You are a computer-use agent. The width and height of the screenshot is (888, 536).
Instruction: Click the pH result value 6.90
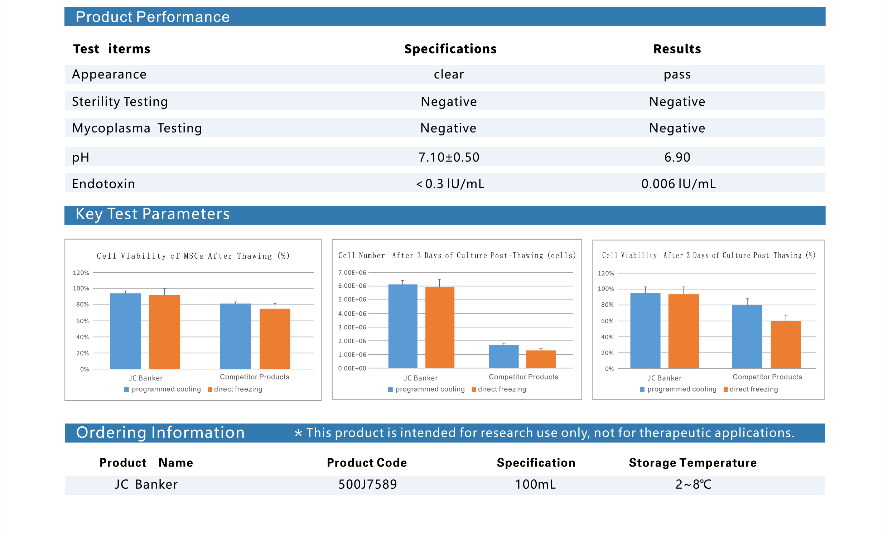tap(677, 157)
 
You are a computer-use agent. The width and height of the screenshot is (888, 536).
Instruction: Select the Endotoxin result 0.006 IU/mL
tap(678, 183)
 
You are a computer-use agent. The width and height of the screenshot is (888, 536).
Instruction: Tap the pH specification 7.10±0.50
tap(449, 157)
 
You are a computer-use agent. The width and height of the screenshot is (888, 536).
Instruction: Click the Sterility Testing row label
tap(120, 102)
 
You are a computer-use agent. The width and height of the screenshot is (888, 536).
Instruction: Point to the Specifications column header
tap(450, 49)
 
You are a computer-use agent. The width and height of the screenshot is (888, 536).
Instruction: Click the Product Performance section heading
tap(153, 17)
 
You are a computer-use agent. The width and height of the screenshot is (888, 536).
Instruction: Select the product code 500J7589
tap(368, 484)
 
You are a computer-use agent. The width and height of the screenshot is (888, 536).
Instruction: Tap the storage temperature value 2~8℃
tap(693, 484)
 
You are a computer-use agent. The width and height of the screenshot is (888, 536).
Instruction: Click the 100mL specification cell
tap(535, 484)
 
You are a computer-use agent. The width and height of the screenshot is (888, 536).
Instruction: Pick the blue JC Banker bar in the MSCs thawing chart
tap(125, 331)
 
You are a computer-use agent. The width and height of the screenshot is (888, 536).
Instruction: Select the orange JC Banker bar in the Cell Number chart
tap(440, 327)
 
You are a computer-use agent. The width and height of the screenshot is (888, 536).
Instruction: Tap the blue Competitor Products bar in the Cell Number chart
tap(503, 356)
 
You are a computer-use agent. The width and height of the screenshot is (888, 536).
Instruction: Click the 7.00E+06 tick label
tap(352, 273)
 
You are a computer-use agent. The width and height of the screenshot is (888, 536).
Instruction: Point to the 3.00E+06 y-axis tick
tap(352, 327)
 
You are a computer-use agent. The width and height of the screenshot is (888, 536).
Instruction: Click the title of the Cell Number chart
tap(457, 255)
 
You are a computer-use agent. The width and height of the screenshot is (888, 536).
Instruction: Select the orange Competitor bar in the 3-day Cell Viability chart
tap(786, 344)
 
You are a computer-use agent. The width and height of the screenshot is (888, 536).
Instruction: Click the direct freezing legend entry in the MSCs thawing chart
tap(238, 389)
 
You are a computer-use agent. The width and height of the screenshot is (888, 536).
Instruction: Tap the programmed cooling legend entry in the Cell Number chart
tap(430, 389)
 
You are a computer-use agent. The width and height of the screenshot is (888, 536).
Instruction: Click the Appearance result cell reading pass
tap(677, 74)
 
